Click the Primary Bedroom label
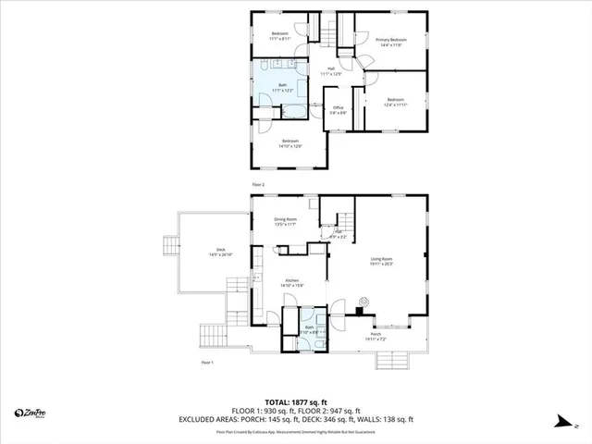click(x=391, y=42)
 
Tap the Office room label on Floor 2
click(x=339, y=111)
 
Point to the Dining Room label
click(x=285, y=222)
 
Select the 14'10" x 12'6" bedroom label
click(x=291, y=143)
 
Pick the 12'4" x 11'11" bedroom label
click(x=396, y=102)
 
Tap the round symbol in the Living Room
click(x=364, y=300)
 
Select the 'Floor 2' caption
click(x=258, y=185)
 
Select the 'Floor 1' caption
click(x=207, y=362)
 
